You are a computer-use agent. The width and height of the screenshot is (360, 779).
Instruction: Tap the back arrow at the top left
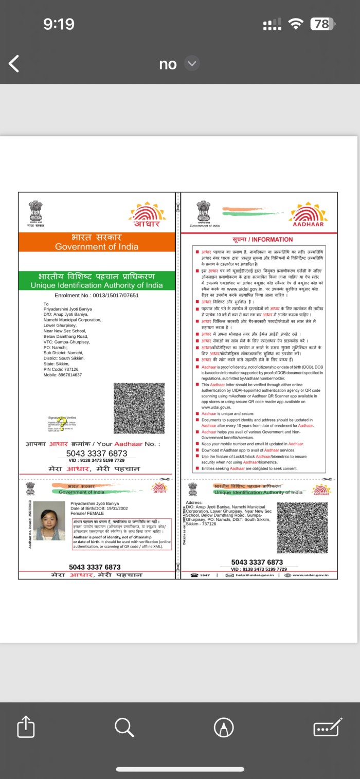coord(14,64)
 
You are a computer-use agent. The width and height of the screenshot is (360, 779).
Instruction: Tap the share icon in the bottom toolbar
coord(26,727)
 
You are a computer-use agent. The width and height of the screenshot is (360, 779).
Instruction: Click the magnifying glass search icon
coord(124,727)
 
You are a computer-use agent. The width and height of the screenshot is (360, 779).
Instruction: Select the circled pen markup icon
coord(224,727)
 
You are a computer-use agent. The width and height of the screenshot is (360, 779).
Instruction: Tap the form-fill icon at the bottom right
coord(328,727)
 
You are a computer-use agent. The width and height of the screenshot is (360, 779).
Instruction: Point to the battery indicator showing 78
coord(322,24)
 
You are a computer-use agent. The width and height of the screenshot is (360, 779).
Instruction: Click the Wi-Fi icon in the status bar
coord(296,24)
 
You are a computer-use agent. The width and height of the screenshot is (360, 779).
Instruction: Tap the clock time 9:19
coord(59,24)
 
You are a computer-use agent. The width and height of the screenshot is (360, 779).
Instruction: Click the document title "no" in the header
coord(168,64)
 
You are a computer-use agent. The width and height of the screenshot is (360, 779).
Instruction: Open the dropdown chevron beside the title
coord(192,64)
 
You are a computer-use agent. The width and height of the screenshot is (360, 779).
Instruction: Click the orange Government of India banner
coord(97,242)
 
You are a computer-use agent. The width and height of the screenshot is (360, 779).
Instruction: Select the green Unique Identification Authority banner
coord(97,281)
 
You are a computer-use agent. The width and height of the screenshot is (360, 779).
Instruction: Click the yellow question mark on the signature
coord(62,424)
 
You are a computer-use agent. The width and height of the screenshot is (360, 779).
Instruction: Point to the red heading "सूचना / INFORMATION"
coord(259,240)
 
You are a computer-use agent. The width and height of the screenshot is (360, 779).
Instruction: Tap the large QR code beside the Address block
coord(302,528)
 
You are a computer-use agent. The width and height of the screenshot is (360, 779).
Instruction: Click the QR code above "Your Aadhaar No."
coord(139,408)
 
